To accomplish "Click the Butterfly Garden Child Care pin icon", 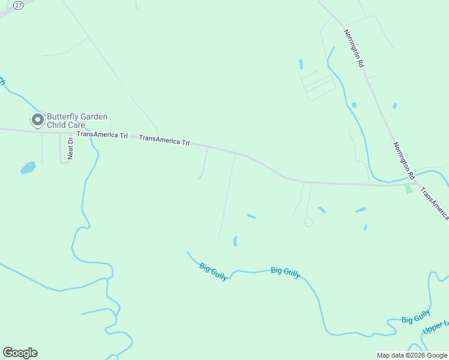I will click(x=38, y=120).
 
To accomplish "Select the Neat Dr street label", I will click(x=70, y=148).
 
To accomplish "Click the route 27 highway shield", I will click(x=19, y=5).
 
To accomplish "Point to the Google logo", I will click(x=20, y=353).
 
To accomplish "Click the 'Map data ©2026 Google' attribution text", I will click(x=412, y=355).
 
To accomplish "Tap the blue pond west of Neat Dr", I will click(x=28, y=167).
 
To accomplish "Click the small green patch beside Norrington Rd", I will click(x=408, y=188).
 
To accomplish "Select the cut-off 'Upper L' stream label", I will click(x=436, y=328).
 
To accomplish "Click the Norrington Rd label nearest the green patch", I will click(x=405, y=161).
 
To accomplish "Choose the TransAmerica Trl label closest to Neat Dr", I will click(x=102, y=134).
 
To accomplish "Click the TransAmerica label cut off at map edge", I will click(x=435, y=203).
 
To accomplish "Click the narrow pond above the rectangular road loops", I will click(x=301, y=64).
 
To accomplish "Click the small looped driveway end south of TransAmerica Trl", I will click(x=309, y=223).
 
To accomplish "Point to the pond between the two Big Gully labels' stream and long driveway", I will click(x=235, y=241).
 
